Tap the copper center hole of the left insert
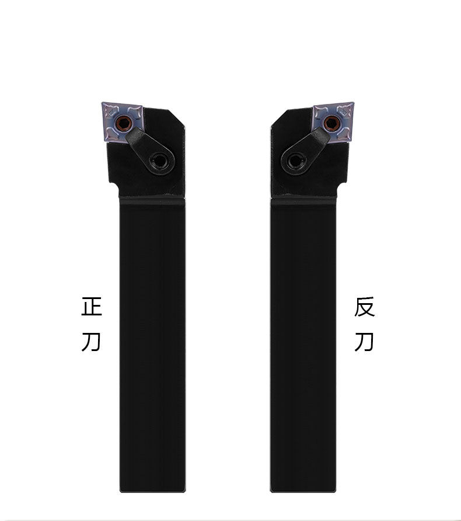(123, 123)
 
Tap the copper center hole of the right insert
(332, 123)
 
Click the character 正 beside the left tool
(92, 307)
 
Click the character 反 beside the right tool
(364, 307)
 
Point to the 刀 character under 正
(92, 341)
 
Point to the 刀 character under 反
(364, 341)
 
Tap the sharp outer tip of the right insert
(353, 104)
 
